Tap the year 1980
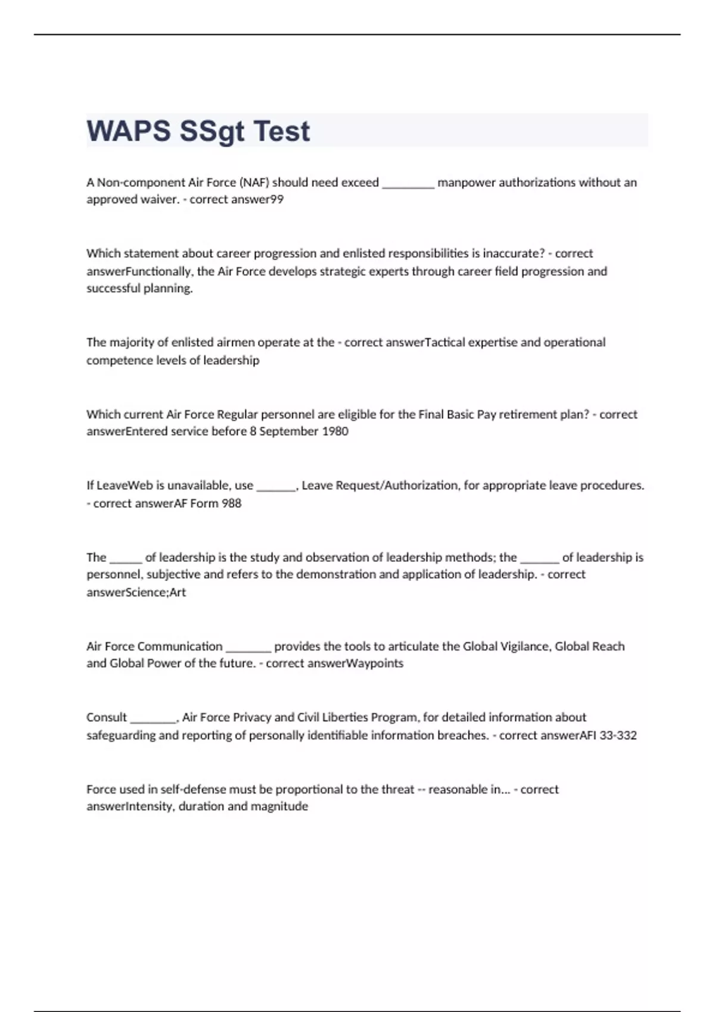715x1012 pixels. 335,431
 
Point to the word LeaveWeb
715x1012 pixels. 125,485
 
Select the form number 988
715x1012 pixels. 231,504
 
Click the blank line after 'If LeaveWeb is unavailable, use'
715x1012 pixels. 276,487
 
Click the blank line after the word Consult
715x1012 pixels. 153,719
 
